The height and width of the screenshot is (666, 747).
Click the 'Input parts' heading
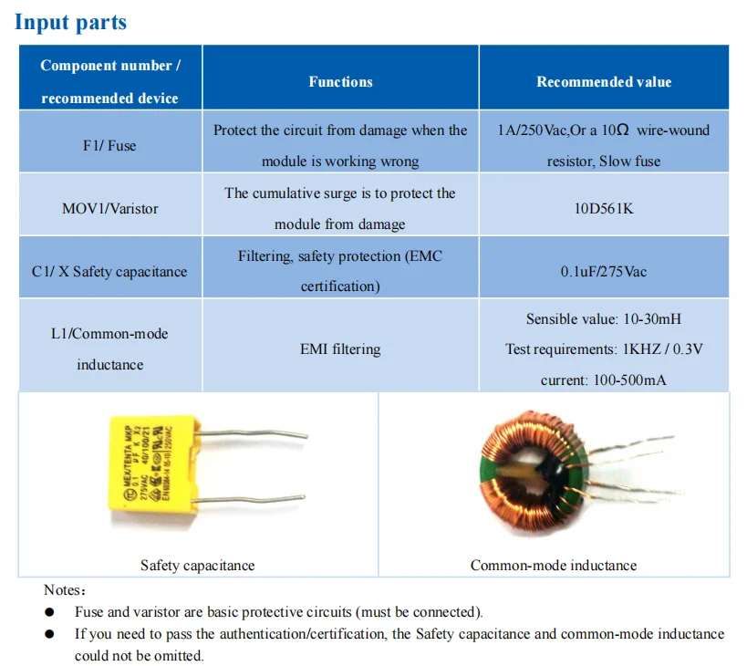tap(70, 22)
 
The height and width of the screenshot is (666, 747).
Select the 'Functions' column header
tap(340, 82)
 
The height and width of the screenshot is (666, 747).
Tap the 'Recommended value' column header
tap(604, 82)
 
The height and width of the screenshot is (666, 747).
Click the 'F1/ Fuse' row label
tap(110, 146)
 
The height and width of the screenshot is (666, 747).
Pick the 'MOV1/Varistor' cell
tap(110, 209)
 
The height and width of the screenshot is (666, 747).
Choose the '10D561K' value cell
tap(604, 209)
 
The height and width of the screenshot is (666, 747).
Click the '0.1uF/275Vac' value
tap(604, 272)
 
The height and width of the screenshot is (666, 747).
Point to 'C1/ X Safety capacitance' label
tap(109, 272)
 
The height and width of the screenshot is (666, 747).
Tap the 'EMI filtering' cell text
tap(340, 349)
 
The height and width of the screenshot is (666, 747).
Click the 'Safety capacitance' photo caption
tap(198, 566)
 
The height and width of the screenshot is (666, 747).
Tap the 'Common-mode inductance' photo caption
tap(554, 566)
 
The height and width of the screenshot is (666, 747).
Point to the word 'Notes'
tap(64, 590)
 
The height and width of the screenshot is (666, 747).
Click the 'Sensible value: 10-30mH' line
tap(604, 319)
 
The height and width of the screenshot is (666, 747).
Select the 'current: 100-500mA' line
tap(604, 380)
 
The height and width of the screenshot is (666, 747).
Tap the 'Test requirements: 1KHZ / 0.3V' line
tap(604, 349)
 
